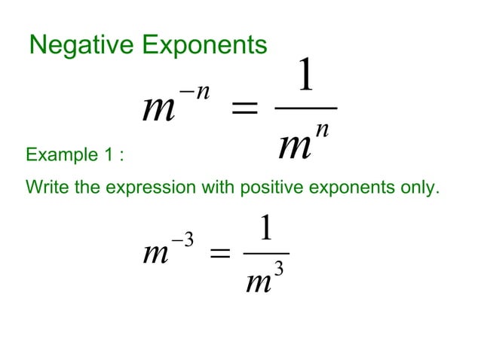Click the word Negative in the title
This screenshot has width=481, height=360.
pyautogui.click(x=72, y=45)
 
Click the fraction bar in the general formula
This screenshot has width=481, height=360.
pyautogui.click(x=305, y=108)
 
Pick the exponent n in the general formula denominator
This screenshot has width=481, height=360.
pyautogui.click(x=322, y=129)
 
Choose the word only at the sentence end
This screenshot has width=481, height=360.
pyautogui.click(x=418, y=187)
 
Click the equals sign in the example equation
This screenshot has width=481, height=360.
pyautogui.click(x=219, y=255)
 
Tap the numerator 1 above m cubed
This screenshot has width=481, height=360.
pyautogui.click(x=265, y=228)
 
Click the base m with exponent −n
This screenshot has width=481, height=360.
pyautogui.click(x=158, y=112)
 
